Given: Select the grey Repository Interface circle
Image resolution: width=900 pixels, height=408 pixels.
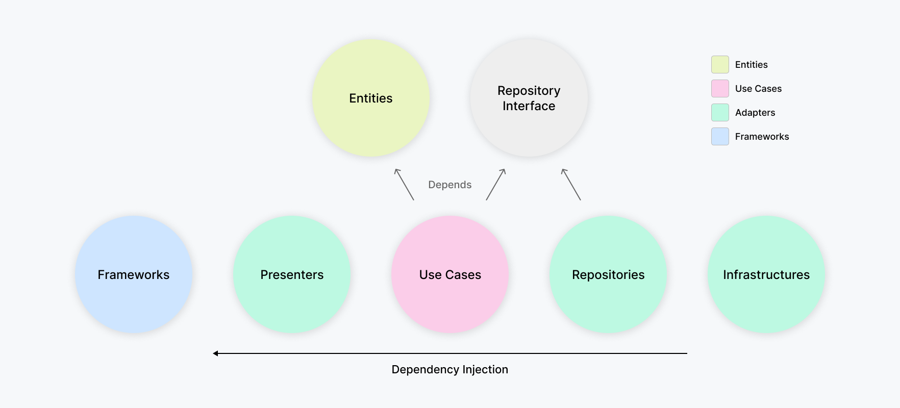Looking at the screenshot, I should pos(529,127).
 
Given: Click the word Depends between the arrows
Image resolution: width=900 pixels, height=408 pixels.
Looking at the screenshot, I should pos(449,185).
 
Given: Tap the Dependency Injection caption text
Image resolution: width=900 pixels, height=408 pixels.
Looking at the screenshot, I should pos(449,369).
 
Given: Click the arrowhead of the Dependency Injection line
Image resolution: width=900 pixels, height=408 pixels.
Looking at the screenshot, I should pos(216,353).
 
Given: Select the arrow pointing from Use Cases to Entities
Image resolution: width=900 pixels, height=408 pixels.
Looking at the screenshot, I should pos(404,184).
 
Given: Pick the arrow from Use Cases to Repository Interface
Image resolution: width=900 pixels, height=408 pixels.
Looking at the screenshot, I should pos(495,184).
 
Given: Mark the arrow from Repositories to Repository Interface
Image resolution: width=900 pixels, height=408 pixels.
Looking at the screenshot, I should pos(571,184).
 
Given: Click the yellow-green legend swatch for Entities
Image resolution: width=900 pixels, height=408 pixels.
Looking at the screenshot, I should pos(720,65).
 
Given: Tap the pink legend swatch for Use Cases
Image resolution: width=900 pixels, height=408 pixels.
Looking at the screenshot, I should pos(720,89).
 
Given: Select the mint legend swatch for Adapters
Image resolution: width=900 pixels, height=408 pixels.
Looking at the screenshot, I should pos(720,113).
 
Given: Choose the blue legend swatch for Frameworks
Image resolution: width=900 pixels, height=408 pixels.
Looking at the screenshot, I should pos(720,137).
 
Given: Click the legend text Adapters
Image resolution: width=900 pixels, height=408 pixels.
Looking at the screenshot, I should pos(755,113).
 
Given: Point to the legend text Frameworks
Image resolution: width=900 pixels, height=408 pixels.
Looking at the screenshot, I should pos(762,137).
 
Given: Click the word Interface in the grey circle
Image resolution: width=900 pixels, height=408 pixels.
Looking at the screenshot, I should pos(529,106).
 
